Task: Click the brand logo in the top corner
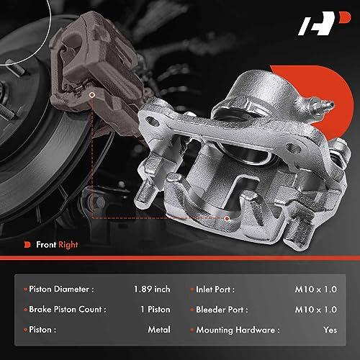coord(324,23)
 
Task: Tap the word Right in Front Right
coord(68,245)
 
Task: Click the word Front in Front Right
coord(46,245)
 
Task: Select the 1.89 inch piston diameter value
coord(152,289)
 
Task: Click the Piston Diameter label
coord(61,289)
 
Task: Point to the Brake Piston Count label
coord(68,310)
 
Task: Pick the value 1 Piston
coord(156,310)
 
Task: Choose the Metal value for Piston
coord(159,330)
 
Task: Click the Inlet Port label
coord(215,289)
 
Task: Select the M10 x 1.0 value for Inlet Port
coord(316,289)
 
